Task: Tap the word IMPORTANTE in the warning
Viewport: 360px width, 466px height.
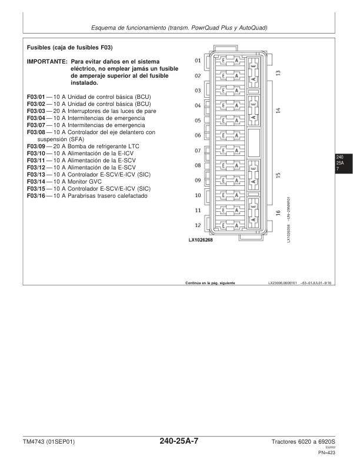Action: click(47, 61)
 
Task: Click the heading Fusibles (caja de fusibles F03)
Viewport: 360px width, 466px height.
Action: click(69, 47)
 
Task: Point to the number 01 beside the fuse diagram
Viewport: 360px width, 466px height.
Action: click(198, 61)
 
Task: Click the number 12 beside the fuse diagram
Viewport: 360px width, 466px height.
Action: click(198, 225)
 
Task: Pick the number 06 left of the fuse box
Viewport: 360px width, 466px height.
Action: click(198, 135)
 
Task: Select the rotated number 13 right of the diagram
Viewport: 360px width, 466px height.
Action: click(278, 73)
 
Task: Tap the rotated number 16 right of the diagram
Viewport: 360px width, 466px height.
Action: click(278, 213)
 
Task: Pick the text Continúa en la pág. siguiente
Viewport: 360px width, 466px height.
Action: click(210, 283)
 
